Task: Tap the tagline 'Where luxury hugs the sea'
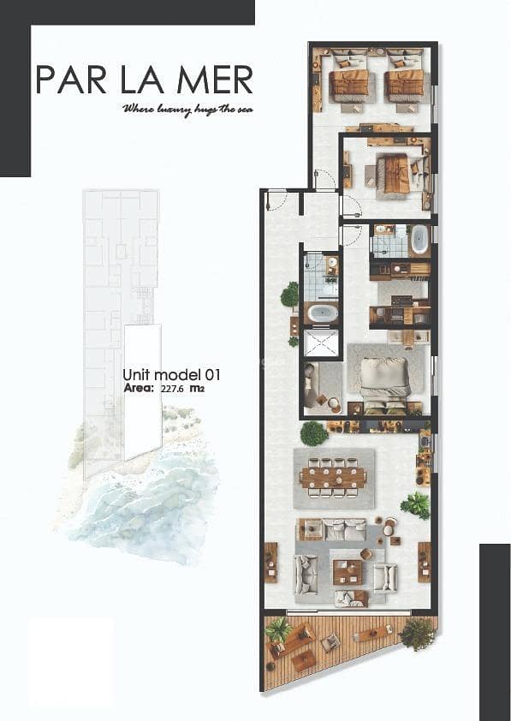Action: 187,110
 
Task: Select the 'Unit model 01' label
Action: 171,375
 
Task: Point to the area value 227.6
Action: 172,389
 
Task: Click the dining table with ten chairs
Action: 334,478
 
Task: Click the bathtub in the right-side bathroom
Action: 419,240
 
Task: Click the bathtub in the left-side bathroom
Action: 323,314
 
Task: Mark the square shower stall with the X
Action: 322,343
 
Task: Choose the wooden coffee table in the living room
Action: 348,571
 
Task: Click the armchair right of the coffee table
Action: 384,577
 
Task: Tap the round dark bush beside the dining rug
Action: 314,433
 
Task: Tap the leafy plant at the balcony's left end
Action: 278,629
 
